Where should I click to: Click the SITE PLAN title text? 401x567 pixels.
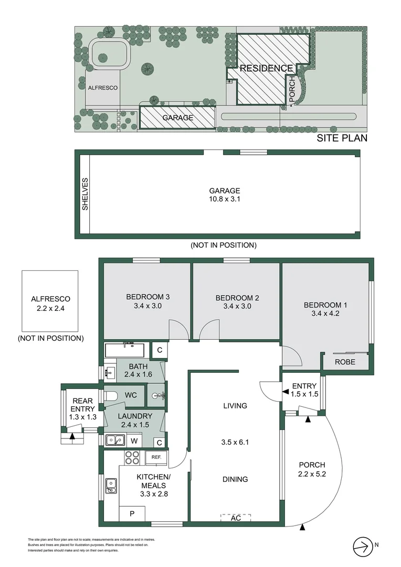point(342,138)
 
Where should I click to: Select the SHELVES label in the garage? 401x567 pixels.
point(85,194)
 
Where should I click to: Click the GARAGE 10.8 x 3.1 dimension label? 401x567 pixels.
point(225,195)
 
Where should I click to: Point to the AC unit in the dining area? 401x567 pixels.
point(235,518)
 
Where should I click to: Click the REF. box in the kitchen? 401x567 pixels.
point(156,457)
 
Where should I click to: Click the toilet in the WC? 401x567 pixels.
point(111,396)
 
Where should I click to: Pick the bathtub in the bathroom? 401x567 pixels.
point(126,350)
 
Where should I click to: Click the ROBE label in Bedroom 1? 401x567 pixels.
point(345,362)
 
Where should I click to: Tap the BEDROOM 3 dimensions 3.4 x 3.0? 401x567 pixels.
point(147,306)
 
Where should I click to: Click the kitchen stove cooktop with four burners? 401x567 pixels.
point(132,458)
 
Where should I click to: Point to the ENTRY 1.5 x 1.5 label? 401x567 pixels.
point(305,390)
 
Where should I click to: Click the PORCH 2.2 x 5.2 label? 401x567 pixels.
point(312,469)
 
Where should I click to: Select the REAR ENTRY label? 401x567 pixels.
point(83,405)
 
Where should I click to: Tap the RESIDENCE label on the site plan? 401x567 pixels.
point(266,68)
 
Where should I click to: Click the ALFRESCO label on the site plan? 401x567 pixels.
point(102,88)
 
